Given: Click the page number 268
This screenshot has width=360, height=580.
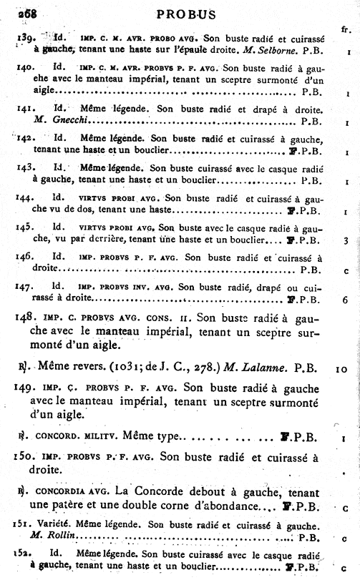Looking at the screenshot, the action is pos(15,14).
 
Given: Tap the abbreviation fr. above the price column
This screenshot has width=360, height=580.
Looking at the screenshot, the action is pos(346,29).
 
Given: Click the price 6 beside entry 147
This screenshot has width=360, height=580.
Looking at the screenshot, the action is pos(346,300).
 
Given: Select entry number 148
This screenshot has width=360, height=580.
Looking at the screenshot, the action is pos(25,318).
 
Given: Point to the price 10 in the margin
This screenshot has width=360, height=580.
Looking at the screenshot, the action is pos(344,369).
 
